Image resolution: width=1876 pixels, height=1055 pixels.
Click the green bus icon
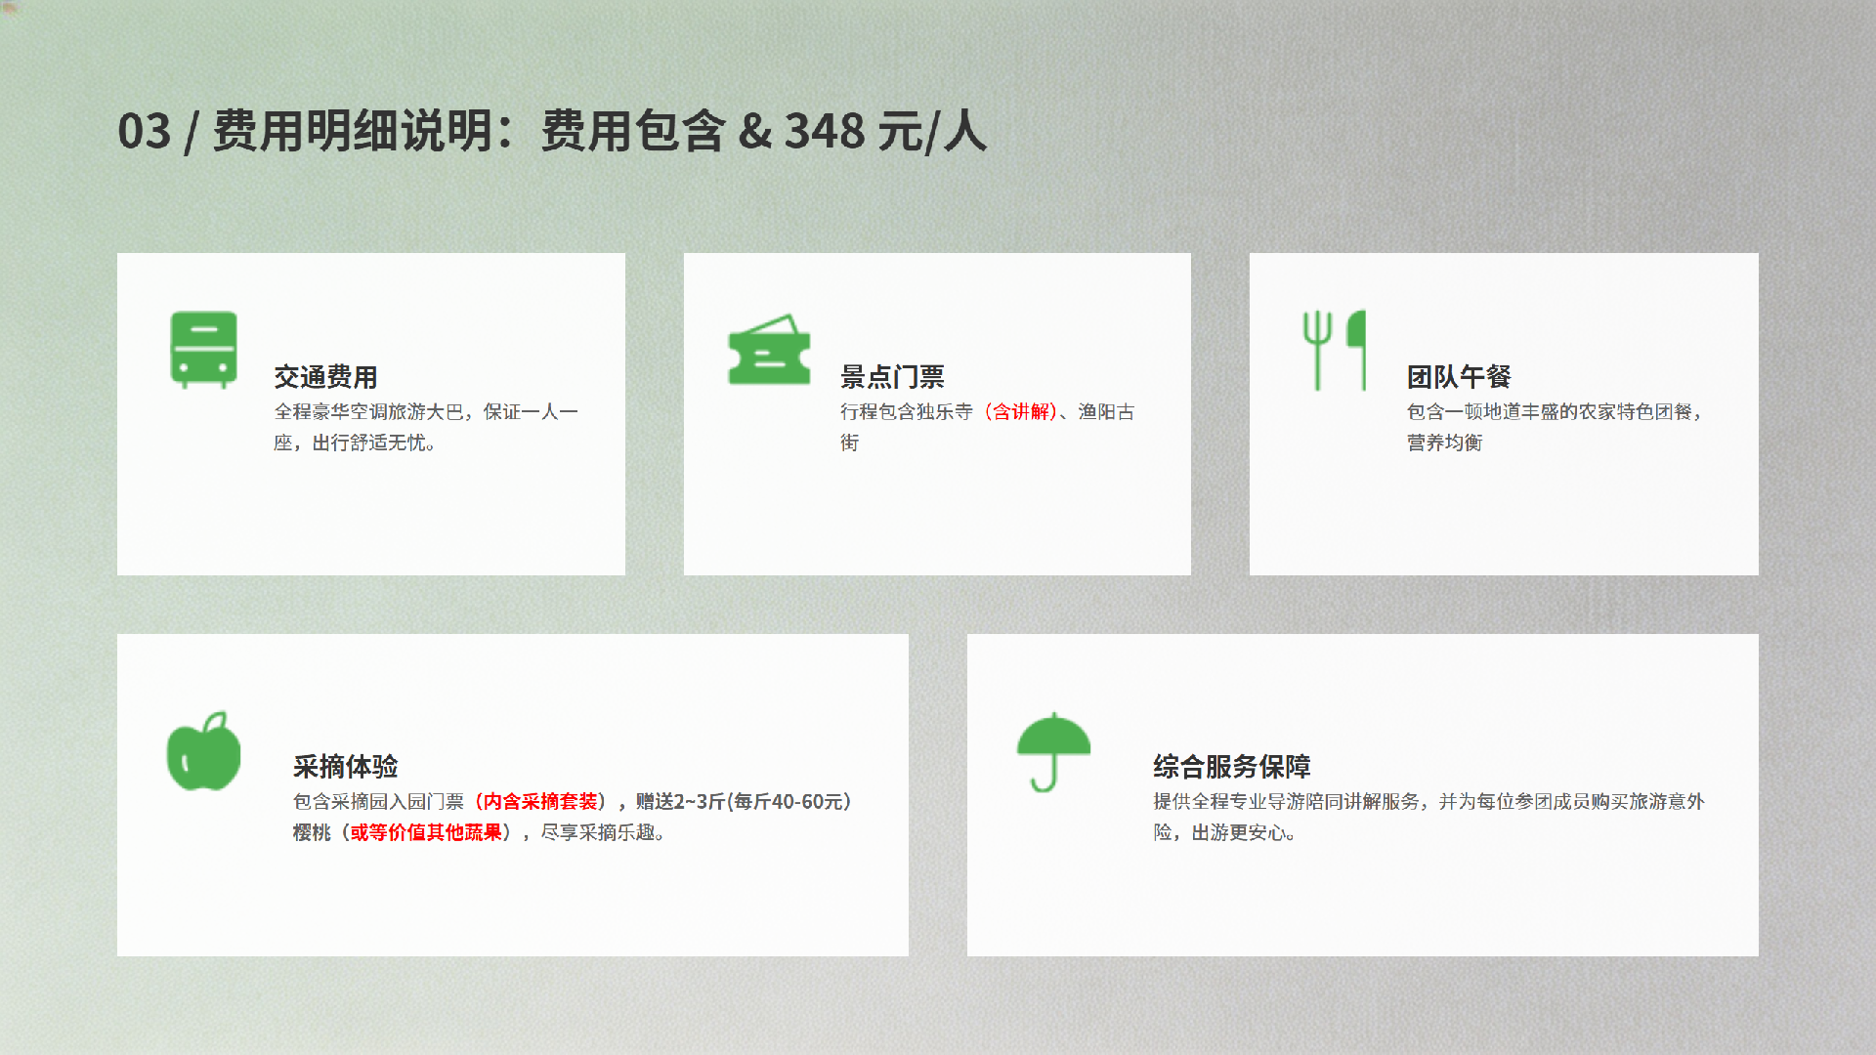[x=204, y=350]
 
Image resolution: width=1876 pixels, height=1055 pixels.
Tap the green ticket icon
[x=769, y=350]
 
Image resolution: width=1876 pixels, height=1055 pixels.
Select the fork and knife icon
[x=1334, y=351]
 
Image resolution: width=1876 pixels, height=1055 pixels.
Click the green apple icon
[x=203, y=750]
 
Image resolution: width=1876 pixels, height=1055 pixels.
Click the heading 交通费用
[x=325, y=377]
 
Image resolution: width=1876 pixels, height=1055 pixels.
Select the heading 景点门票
[x=892, y=377]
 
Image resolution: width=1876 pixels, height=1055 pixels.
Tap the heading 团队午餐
[x=1459, y=377]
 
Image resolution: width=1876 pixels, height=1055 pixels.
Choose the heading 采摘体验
[x=346, y=767]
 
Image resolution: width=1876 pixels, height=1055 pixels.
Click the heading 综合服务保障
[x=1231, y=767]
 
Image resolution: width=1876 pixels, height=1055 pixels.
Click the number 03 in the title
[x=145, y=131]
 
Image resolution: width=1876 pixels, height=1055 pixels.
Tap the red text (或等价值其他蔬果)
[x=426, y=833]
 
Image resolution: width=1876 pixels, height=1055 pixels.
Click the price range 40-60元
[x=807, y=802]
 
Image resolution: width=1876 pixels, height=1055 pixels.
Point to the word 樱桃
[x=313, y=833]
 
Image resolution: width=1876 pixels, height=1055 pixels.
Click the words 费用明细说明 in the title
[x=353, y=131]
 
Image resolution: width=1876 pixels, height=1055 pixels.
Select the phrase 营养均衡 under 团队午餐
[x=1445, y=443]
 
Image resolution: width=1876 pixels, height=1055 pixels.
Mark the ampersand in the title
[x=754, y=131]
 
